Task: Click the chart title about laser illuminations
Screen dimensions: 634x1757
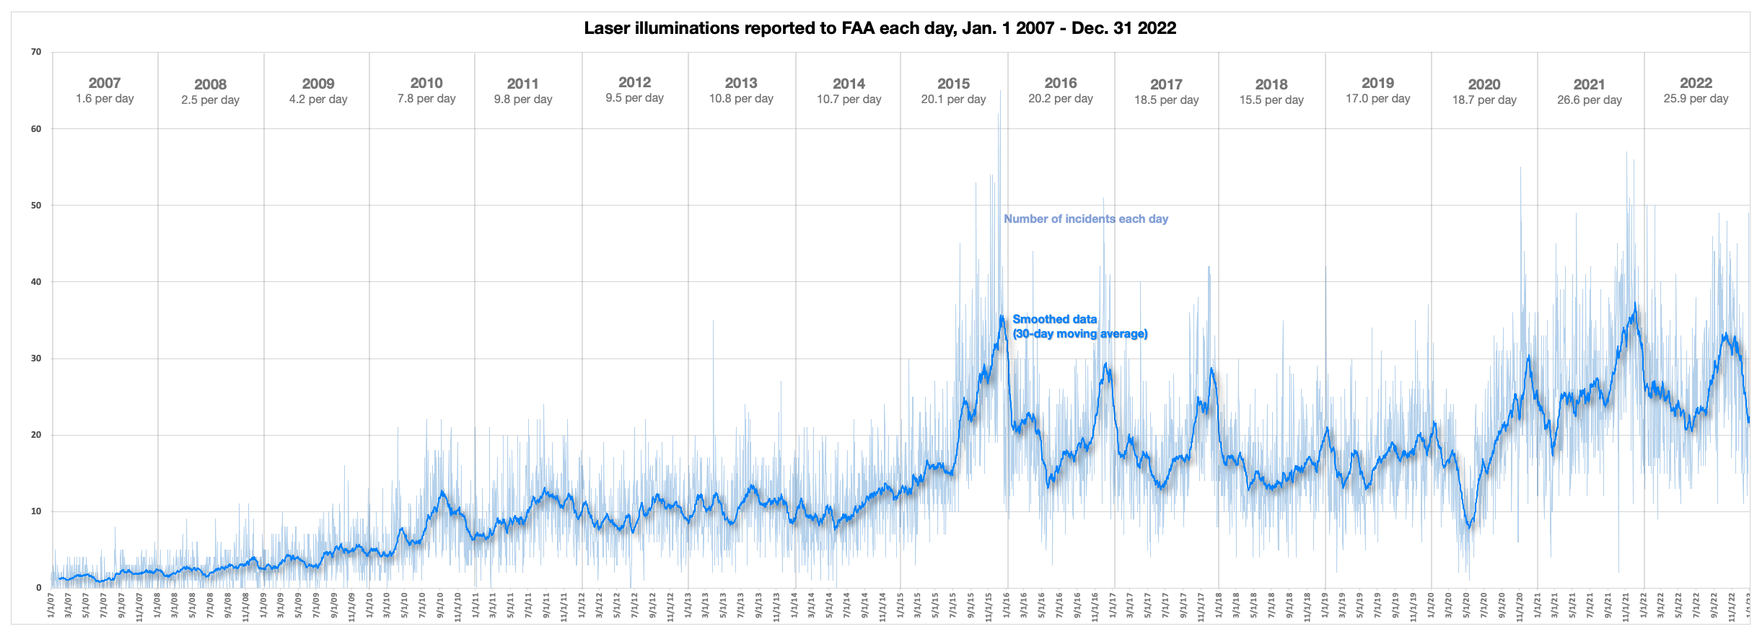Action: (880, 28)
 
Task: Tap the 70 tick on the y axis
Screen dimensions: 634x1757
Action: (36, 52)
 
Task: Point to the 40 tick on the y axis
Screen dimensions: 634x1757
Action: (36, 282)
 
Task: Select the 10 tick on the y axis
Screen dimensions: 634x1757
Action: (36, 511)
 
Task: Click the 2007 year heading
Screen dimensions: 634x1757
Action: (105, 83)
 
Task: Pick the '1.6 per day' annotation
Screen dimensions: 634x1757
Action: (105, 99)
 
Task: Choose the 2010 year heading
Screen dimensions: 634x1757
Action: (426, 83)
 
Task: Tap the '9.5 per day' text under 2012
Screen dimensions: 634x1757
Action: (634, 98)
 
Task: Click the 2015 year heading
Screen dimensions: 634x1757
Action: (953, 84)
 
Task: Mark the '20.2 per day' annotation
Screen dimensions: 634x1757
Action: (1060, 99)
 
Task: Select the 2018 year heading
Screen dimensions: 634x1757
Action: (1271, 84)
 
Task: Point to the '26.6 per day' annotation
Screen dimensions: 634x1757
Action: (1589, 100)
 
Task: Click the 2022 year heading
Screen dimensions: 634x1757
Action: (1696, 83)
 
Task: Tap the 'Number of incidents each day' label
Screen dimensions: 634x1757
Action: (1085, 219)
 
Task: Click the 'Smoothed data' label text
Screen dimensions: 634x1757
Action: (1054, 319)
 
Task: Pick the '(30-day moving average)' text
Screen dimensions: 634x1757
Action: (1079, 334)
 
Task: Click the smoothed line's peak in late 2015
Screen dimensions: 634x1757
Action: (1002, 316)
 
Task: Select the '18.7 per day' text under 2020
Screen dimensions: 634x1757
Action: (1484, 100)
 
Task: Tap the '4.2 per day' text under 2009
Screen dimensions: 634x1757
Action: (318, 100)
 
